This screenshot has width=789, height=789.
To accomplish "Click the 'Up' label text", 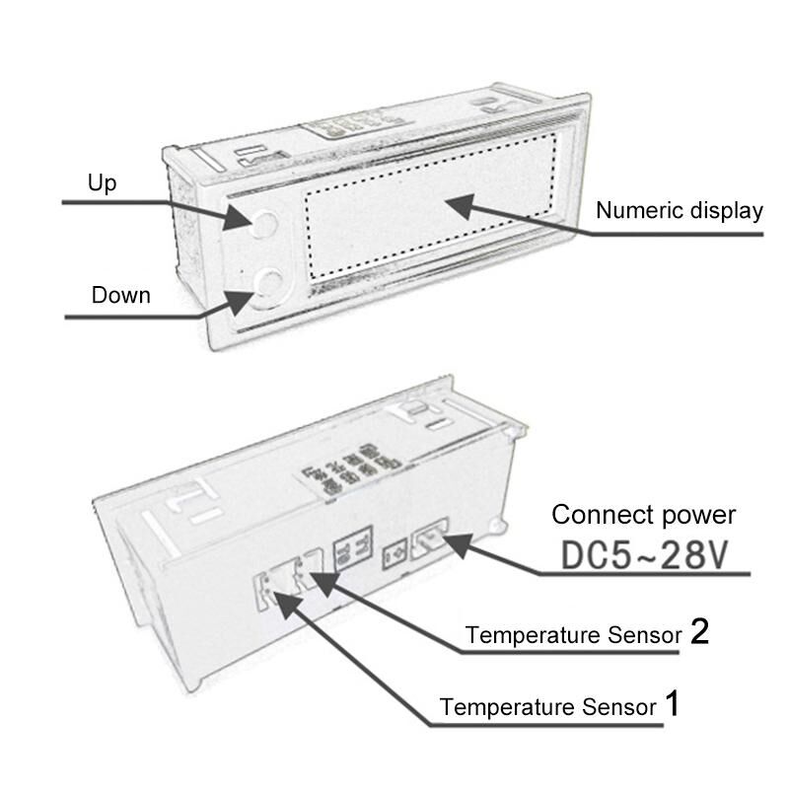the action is (x=103, y=183).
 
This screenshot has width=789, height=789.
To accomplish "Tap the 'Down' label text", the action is (x=120, y=295).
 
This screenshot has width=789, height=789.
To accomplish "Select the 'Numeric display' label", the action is (x=680, y=211).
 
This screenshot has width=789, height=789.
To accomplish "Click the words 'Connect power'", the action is (x=644, y=515).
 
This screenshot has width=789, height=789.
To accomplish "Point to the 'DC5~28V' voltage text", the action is (x=645, y=555).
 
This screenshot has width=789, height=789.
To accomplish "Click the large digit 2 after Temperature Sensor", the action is (x=700, y=631).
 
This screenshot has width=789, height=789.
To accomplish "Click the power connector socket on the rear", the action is (x=429, y=539).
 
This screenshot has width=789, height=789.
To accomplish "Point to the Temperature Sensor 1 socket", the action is (x=272, y=590).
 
